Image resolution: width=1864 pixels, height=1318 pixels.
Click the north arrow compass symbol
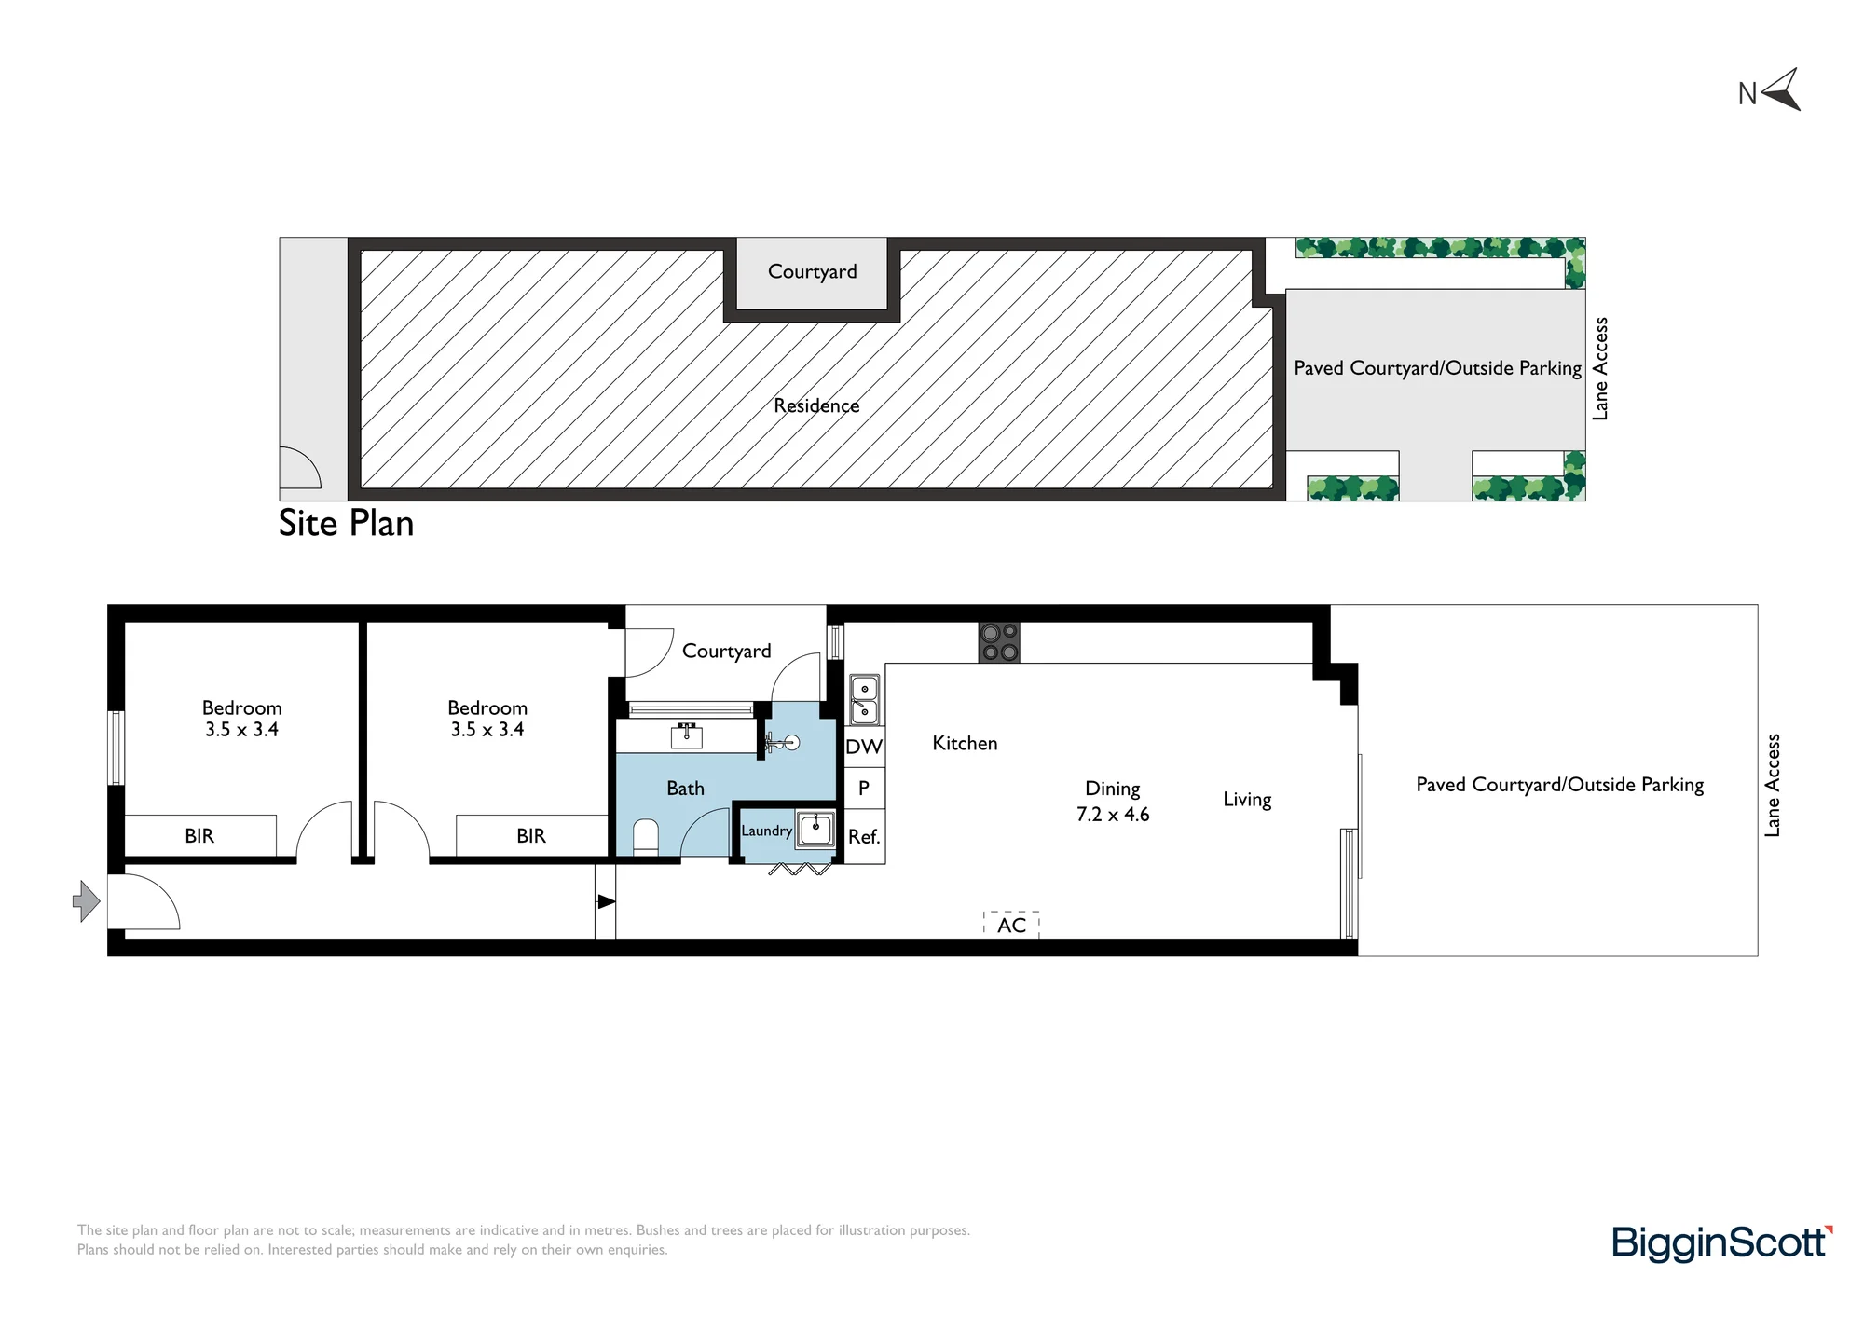(1782, 91)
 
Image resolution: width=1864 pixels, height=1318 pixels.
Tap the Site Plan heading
(346, 524)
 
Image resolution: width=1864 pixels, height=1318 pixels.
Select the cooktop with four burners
(999, 642)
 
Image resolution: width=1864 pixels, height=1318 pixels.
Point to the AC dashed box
(1011, 925)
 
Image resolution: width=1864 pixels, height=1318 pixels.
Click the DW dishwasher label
(864, 747)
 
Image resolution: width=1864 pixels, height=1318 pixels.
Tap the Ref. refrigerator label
(864, 837)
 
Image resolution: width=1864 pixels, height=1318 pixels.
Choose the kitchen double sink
(864, 700)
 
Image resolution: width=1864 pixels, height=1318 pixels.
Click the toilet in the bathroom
(646, 837)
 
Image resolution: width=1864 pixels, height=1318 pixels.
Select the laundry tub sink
(815, 829)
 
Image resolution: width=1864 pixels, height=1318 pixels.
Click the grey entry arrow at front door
(87, 901)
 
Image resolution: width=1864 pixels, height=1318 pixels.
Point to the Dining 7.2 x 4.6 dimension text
(1113, 802)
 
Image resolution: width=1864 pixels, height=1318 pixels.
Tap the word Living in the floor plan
(1247, 800)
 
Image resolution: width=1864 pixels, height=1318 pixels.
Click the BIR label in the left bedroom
(199, 836)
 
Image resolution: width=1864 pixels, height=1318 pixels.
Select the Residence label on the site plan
(816, 405)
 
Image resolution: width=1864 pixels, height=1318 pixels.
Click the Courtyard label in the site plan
(812, 272)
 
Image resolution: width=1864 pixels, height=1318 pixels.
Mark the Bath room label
(685, 789)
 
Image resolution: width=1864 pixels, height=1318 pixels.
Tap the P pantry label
(864, 789)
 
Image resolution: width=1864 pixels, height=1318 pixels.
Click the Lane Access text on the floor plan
(1773, 785)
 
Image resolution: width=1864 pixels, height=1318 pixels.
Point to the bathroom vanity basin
(687, 735)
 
